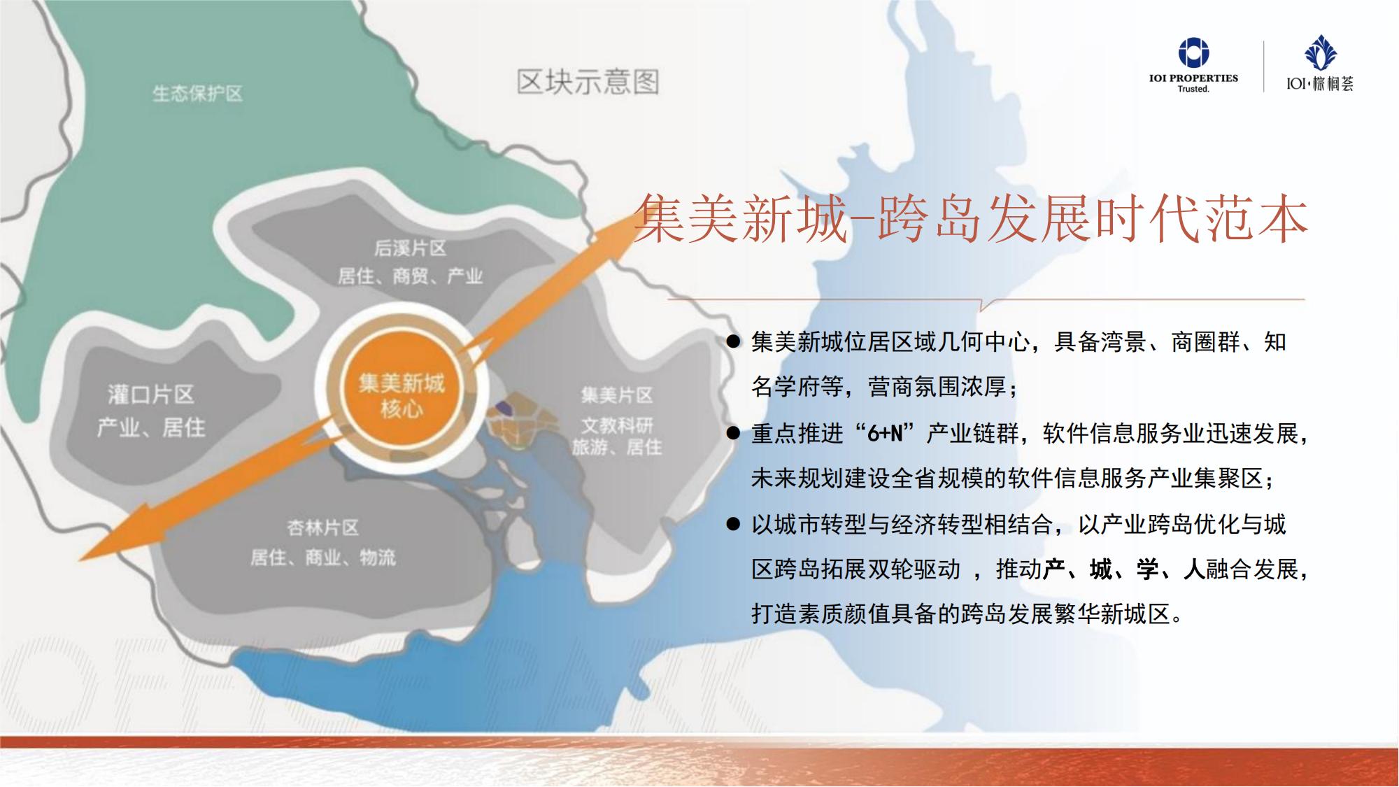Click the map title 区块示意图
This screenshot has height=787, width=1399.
pyautogui.click(x=588, y=82)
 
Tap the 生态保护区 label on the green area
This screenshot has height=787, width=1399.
pyautogui.click(x=198, y=94)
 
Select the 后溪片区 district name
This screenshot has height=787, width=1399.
pyautogui.click(x=410, y=248)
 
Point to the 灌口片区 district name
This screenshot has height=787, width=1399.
pyautogui.click(x=151, y=395)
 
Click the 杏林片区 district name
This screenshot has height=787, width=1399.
pyautogui.click(x=323, y=527)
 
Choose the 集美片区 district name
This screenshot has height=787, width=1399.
pyautogui.click(x=617, y=395)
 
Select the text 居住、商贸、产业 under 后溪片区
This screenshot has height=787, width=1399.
pyautogui.click(x=411, y=276)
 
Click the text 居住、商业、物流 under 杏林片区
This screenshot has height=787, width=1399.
pyautogui.click(x=323, y=558)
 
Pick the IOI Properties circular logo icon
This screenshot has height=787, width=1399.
pyautogui.click(x=1193, y=52)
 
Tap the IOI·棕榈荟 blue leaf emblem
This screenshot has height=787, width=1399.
pyautogui.click(x=1320, y=53)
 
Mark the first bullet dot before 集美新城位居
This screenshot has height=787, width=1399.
pyautogui.click(x=733, y=341)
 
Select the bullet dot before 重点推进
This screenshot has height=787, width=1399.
pyautogui.click(x=733, y=433)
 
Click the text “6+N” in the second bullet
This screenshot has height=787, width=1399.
pyautogui.click(x=885, y=433)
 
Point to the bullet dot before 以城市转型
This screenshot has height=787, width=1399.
pyautogui.click(x=733, y=524)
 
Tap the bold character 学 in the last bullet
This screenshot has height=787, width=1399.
pyautogui.click(x=1148, y=569)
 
